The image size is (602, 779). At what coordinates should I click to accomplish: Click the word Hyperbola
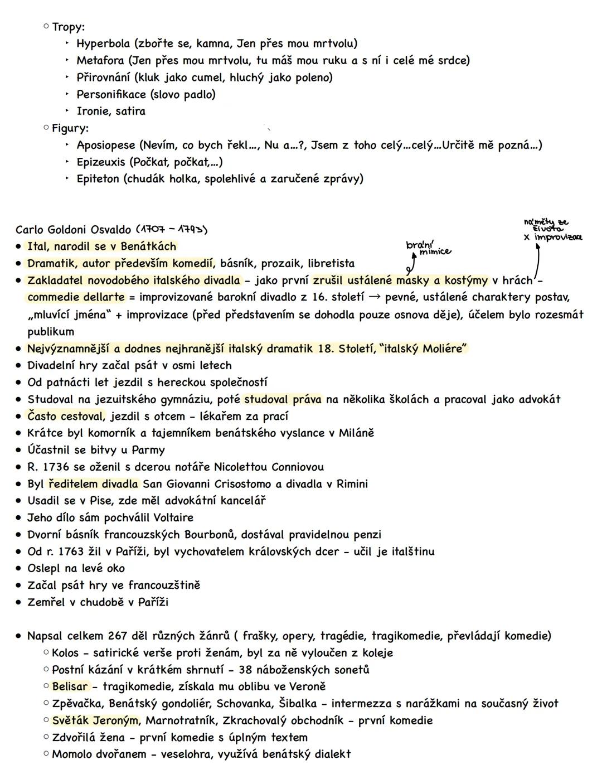coord(103,43)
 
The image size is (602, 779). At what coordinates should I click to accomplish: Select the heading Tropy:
coord(68,27)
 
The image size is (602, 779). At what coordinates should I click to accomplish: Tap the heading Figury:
coord(70,128)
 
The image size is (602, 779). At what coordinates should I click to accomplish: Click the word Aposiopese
coord(106,146)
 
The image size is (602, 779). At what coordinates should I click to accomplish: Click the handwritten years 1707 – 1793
coord(172,230)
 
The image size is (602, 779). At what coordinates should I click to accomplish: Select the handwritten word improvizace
coord(558,237)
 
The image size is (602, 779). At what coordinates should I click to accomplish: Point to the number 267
coord(119,636)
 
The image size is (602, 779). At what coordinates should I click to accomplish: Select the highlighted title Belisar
coord(70,686)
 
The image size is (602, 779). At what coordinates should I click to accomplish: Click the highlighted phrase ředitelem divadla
coord(94,484)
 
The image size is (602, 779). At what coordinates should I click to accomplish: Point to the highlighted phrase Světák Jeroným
coord(96,720)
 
